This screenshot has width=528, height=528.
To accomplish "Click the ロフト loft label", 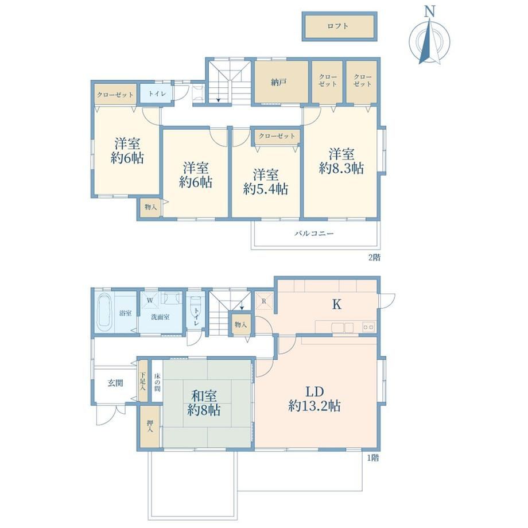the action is coord(337,26).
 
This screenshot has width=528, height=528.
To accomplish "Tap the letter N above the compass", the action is coord(429,11).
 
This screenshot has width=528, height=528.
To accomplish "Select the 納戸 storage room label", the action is coord(278,82).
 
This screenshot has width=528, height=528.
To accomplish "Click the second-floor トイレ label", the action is coord(157,94).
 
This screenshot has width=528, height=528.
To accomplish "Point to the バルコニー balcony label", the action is coord(314,233).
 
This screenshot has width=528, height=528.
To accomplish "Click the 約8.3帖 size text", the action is coord(341,168).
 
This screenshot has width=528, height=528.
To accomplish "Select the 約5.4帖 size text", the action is coord(266,189).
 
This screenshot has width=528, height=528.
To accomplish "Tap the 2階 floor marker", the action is coord(374,258).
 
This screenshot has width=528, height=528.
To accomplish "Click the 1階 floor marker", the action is coord(373,458).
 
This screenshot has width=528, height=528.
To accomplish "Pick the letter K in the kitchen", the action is coord(337,305).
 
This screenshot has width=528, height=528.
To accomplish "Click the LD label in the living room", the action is coord(315,391).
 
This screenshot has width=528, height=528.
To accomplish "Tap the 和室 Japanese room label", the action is coord(204,395).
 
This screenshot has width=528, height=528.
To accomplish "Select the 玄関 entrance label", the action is coord(115,383).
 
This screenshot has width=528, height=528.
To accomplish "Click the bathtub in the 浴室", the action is coord(105,312).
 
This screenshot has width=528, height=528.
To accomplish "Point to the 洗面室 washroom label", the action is coord(160,317).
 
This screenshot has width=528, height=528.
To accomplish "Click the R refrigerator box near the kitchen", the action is coord(263,301).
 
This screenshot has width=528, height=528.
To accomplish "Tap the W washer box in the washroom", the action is coord(150,300).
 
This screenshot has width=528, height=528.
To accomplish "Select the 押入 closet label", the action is coord(150,426).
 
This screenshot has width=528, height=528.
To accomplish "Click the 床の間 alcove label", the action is coord(157,382).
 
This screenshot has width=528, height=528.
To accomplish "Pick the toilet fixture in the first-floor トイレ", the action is coord(195,307).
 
